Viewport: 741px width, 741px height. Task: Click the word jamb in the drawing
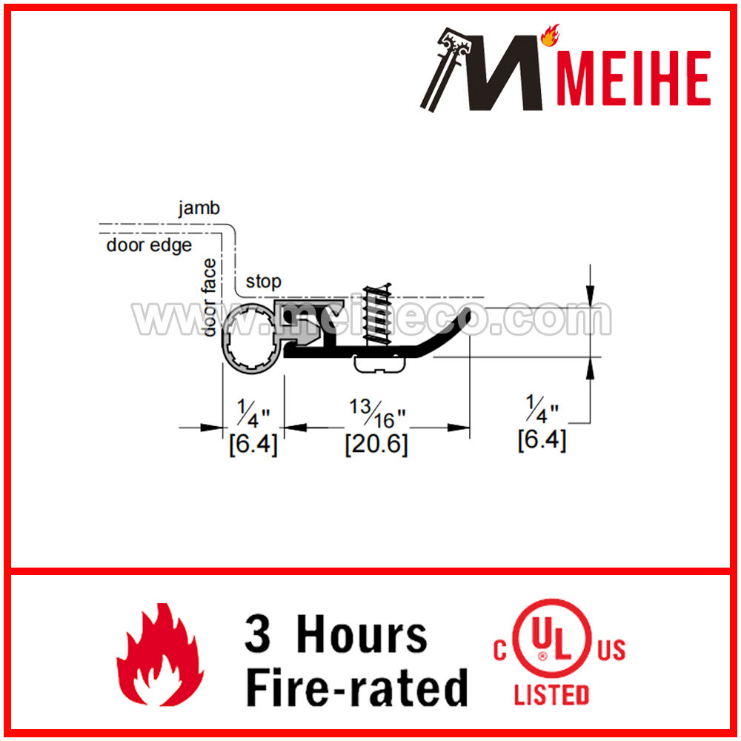[199, 208]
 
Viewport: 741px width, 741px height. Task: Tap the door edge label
[149, 245]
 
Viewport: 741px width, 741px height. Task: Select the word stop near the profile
[263, 282]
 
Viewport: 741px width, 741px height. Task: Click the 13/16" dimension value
[377, 413]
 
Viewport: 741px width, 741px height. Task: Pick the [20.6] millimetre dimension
[376, 444]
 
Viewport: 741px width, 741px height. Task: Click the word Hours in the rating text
[362, 635]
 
